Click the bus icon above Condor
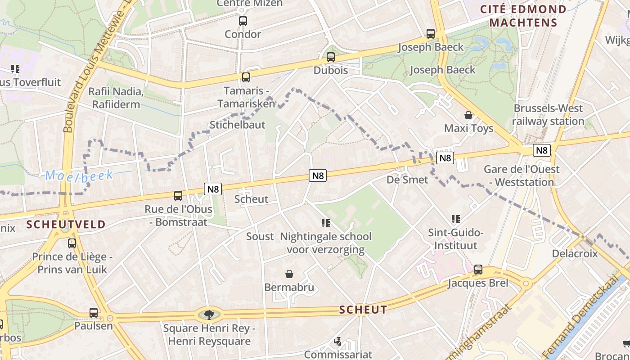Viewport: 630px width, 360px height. (x=243, y=21)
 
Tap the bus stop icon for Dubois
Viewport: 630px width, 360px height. (x=331, y=57)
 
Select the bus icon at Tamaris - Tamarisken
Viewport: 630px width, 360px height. (x=246, y=77)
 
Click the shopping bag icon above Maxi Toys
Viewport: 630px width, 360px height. (x=468, y=115)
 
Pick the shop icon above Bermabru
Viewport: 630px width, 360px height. (x=289, y=274)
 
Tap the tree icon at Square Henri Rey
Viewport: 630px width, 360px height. (x=208, y=314)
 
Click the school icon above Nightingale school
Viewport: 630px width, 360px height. (x=326, y=223)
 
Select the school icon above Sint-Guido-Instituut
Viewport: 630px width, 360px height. (x=456, y=219)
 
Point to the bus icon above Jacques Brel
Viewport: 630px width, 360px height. (x=478, y=270)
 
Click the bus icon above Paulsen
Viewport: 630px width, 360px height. (x=94, y=313)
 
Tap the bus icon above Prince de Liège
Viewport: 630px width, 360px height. (x=72, y=243)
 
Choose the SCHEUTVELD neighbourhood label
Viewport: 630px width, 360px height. (x=66, y=224)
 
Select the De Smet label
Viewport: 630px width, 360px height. (x=407, y=180)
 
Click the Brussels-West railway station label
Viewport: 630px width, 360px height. (x=548, y=115)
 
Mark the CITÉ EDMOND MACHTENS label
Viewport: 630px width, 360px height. (x=523, y=16)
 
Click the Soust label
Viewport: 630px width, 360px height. (x=260, y=236)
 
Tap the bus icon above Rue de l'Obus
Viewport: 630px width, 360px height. (x=178, y=196)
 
